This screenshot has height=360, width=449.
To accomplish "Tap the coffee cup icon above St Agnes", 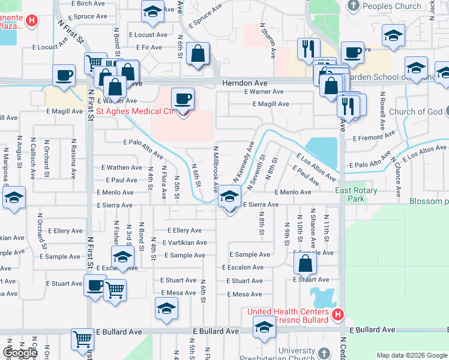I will click(x=183, y=98).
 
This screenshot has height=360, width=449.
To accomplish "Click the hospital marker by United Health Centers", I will click(x=338, y=313).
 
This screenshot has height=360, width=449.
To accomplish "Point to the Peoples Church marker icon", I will click(x=353, y=7).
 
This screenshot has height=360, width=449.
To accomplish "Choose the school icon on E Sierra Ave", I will click(x=229, y=196).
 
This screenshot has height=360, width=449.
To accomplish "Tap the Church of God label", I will click(x=414, y=112).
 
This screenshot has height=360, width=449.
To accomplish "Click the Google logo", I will click(x=20, y=353).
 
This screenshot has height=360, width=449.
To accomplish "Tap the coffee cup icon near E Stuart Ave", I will click(x=94, y=286).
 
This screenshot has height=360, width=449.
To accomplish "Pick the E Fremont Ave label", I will click(x=372, y=138).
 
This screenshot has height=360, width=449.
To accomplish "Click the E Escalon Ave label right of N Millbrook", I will click(x=243, y=268).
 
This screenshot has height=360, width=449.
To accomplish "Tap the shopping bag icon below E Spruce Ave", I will click(x=197, y=54).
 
